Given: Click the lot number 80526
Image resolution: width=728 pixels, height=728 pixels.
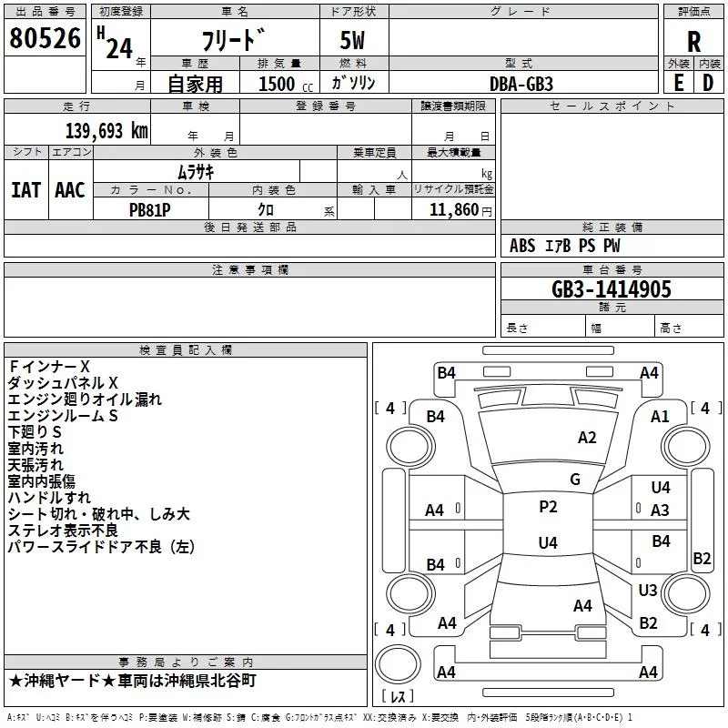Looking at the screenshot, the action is tap(45, 38).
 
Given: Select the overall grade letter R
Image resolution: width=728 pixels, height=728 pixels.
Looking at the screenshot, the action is tap(693, 42).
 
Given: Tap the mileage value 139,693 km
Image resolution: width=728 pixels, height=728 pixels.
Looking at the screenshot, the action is tap(106, 131).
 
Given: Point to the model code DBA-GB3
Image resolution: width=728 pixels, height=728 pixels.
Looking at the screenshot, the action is tap(521, 84).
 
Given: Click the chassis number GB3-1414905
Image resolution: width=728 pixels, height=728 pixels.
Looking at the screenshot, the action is tap(612, 289).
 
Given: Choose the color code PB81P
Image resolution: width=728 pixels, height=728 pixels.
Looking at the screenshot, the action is tap(149, 210).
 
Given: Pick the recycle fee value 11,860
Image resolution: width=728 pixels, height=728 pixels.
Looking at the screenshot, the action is tap(453, 210).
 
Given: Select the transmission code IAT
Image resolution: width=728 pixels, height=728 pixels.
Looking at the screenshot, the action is tap(26, 190).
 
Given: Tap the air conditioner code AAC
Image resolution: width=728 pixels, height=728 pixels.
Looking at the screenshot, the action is tap(70, 190).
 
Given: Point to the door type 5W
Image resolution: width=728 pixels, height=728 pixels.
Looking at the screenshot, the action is tap(352, 40).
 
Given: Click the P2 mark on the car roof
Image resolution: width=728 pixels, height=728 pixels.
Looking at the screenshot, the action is tap(548, 507).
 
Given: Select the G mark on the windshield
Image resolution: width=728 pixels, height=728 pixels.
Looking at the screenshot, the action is tap(575, 480).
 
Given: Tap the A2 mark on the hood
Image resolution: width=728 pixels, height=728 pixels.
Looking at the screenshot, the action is tap(587, 438).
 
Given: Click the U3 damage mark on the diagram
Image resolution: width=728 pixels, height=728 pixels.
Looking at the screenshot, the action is tap(648, 590).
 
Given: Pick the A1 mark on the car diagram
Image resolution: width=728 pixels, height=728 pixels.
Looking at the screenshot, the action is tap(660, 417).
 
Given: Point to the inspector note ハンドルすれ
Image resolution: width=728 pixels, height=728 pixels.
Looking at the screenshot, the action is tap(49, 498).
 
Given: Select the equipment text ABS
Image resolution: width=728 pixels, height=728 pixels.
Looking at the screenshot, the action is tap(522, 246).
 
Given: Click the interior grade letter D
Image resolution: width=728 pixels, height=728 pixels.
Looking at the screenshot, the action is tap(708, 83).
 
